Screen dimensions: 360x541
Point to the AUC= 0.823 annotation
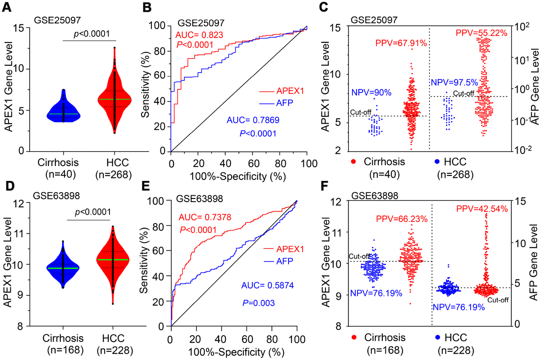point(200,35)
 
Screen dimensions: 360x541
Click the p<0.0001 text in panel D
point(88,212)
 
